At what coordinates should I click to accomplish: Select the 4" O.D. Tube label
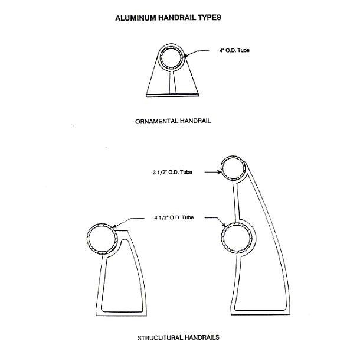234,50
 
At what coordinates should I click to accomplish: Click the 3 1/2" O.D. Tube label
172,172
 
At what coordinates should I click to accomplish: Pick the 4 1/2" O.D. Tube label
174,217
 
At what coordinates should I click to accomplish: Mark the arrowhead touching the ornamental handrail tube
186,55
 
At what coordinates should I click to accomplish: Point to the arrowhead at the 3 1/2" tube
218,172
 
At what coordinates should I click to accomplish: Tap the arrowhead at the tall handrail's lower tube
224,225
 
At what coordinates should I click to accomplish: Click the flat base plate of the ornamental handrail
172,95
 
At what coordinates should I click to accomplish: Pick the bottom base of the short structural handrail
121,314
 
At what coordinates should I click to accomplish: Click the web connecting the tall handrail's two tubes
236,201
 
